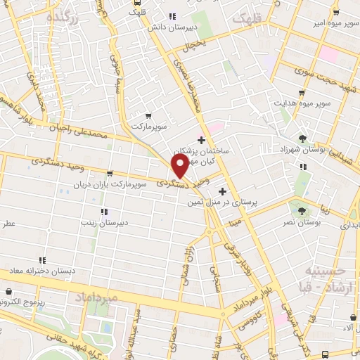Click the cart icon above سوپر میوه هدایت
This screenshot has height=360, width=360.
coord(303,93)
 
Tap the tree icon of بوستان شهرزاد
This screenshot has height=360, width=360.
coord(302,139)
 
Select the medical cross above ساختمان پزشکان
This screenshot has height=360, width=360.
coord(202,141)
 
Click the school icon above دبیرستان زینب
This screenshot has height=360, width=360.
coord(104,211)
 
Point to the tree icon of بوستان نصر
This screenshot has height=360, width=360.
coord(302,210)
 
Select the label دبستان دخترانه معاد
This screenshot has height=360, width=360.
coord(42,271)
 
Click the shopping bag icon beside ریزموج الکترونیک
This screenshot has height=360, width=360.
coord(8,291)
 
